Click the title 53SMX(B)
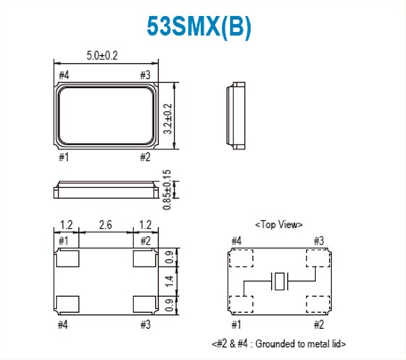pyautogui.click(x=201, y=27)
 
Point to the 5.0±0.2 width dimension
pyautogui.click(x=106, y=55)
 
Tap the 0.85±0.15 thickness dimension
pyautogui.click(x=167, y=191)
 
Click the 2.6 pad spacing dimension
pyautogui.click(x=106, y=226)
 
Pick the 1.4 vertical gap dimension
pyautogui.click(x=167, y=279)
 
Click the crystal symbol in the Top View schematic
pyautogui.click(x=279, y=281)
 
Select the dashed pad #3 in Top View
pyautogui.click(x=318, y=259)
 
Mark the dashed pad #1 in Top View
pyautogui.click(x=240, y=303)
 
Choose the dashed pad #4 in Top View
pyautogui.click(x=240, y=259)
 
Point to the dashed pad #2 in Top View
pyautogui.click(x=318, y=303)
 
